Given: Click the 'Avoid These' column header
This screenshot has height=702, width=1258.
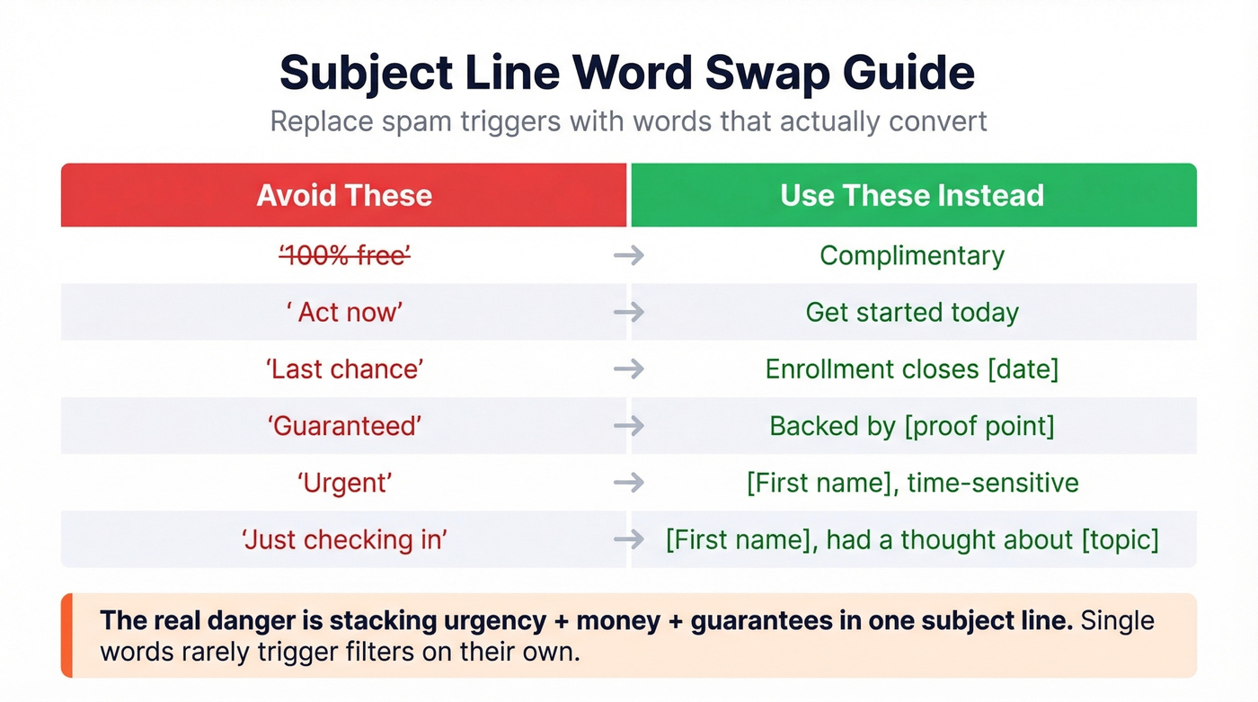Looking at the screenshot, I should [344, 195].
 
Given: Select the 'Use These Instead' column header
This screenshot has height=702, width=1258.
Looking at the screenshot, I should [912, 195].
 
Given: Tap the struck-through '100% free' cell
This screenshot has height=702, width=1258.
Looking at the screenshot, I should [344, 255].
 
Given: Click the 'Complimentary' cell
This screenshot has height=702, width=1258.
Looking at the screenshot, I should [912, 255].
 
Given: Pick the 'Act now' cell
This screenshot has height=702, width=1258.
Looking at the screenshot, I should [344, 312].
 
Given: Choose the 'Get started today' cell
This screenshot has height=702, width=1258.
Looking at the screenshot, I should [912, 312].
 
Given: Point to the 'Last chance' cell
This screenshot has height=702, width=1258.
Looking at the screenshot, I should [344, 369].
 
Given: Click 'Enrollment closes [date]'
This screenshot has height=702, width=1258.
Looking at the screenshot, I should [912, 369].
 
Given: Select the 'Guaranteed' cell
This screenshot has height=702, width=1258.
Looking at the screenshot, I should [344, 425].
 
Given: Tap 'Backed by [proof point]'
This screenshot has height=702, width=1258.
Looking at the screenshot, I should [912, 425].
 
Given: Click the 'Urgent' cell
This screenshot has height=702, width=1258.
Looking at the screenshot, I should [344, 483].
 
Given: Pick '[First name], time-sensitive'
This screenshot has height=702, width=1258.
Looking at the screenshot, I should [912, 483].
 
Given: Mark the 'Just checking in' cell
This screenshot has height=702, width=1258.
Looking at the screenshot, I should [344, 539].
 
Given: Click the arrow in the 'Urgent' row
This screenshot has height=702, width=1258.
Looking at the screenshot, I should [629, 483].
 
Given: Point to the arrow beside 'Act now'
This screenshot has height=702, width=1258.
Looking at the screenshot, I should [629, 312].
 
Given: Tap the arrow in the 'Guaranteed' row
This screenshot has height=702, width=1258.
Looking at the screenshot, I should [629, 425].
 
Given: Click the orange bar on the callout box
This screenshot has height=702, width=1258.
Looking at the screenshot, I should [66, 635].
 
